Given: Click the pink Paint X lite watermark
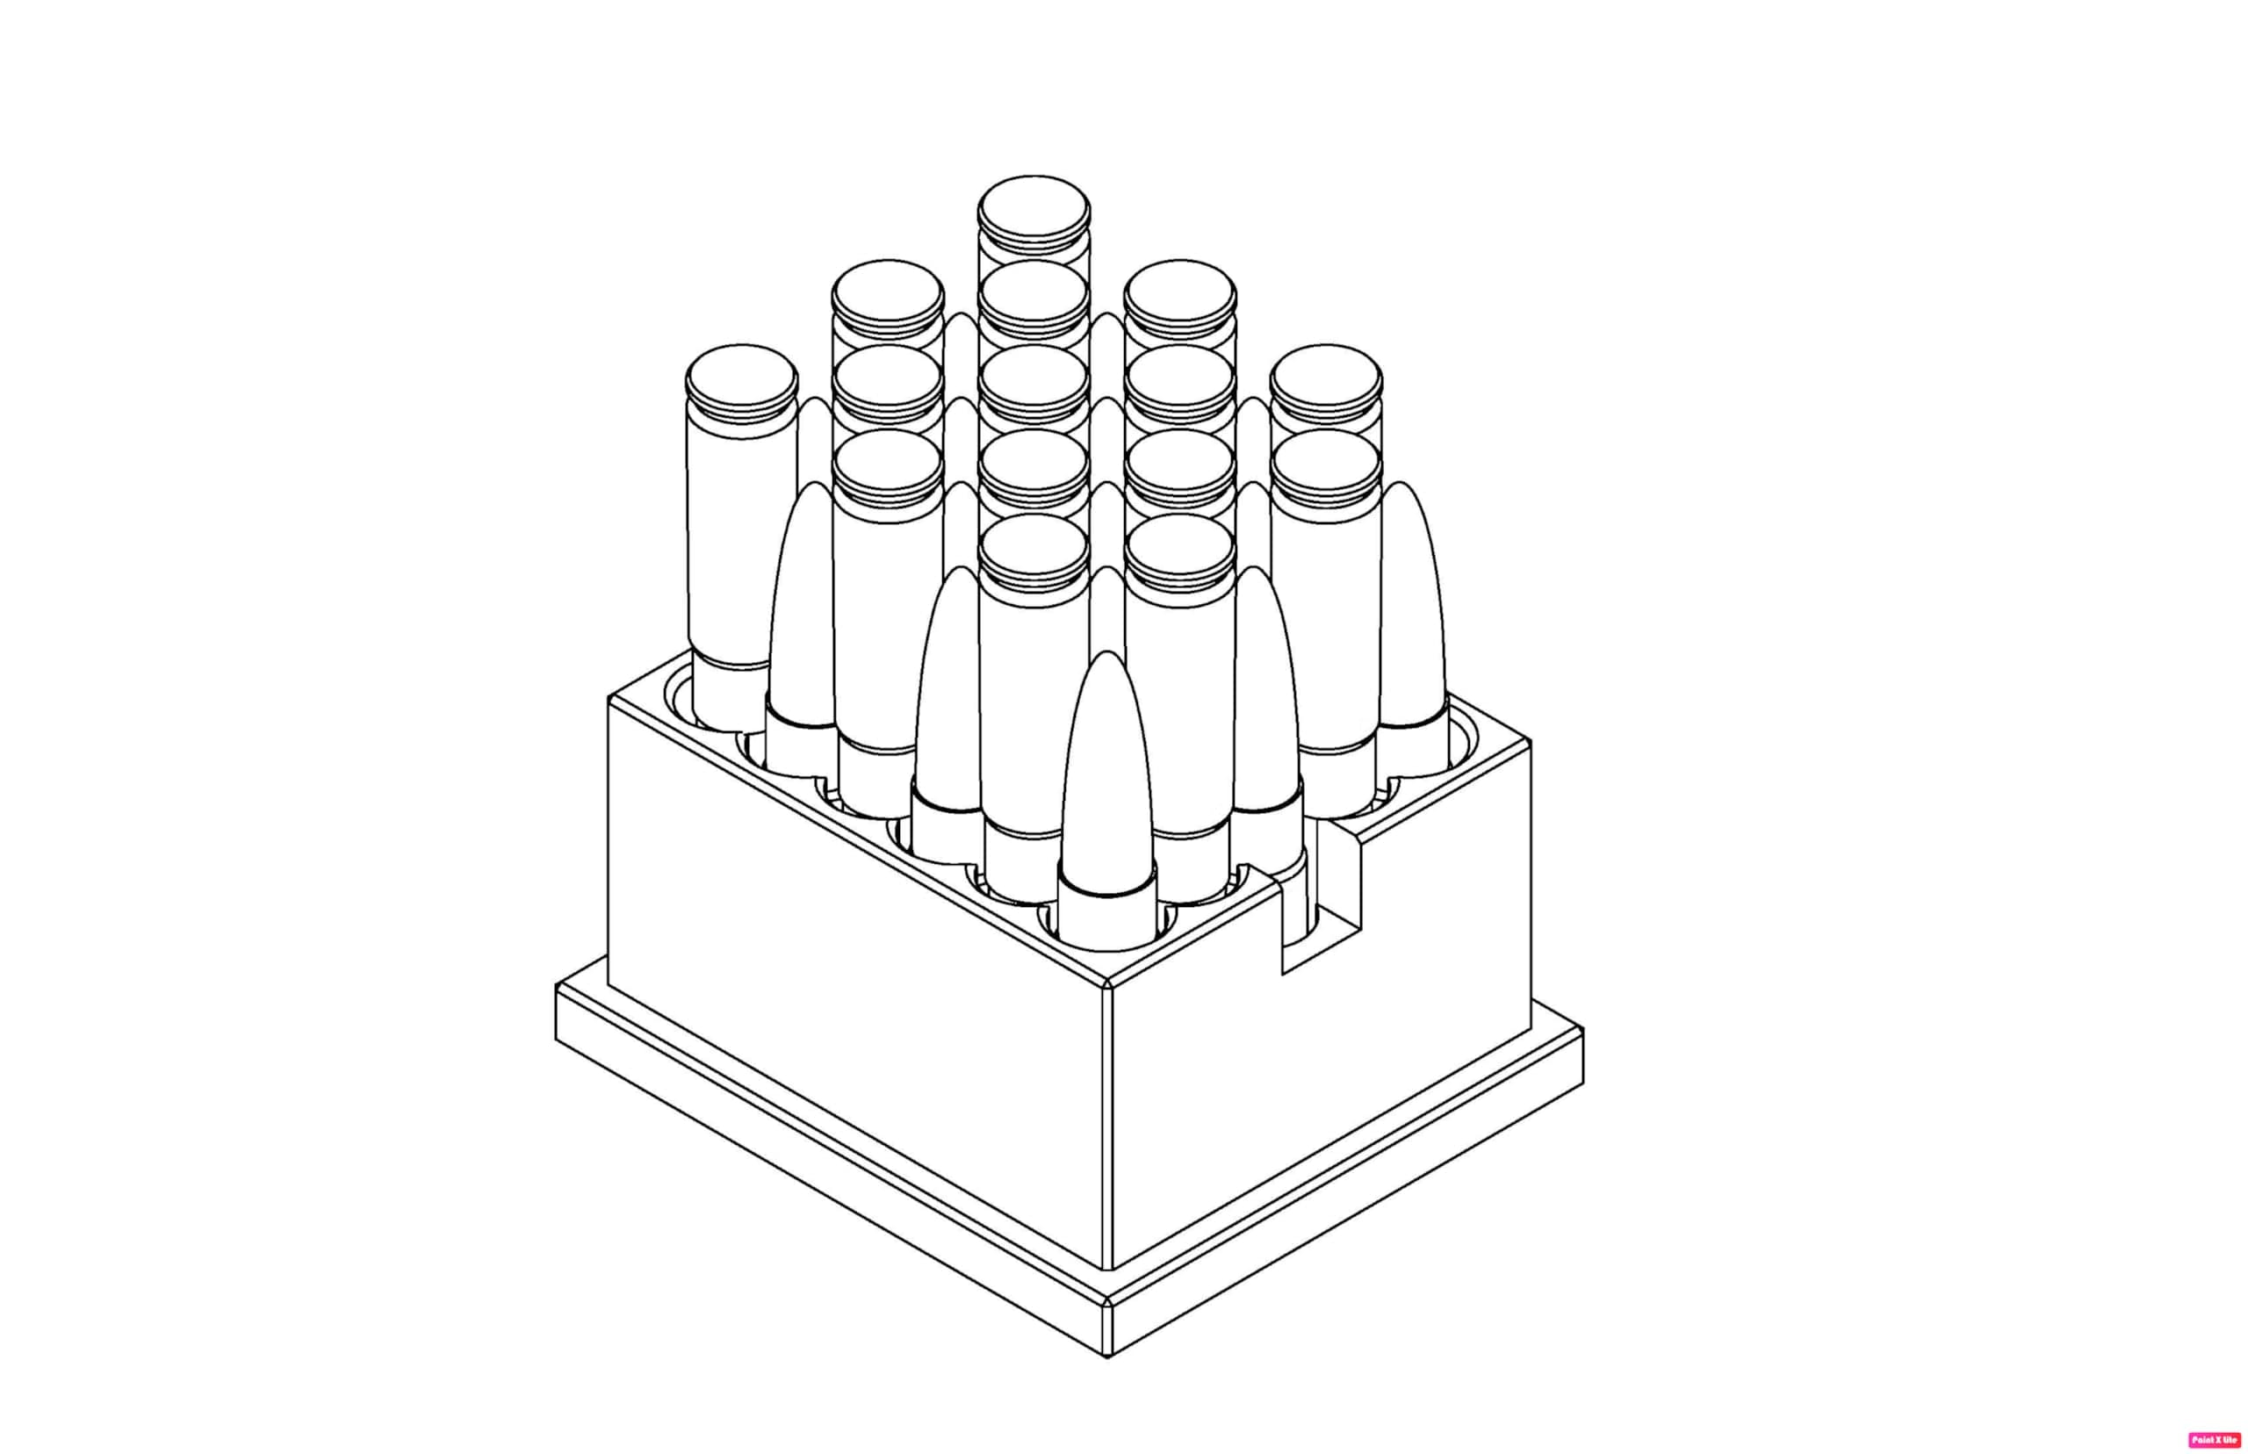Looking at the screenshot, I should pos(2213,1440).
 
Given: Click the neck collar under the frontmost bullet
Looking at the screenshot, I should pos(1106,911).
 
